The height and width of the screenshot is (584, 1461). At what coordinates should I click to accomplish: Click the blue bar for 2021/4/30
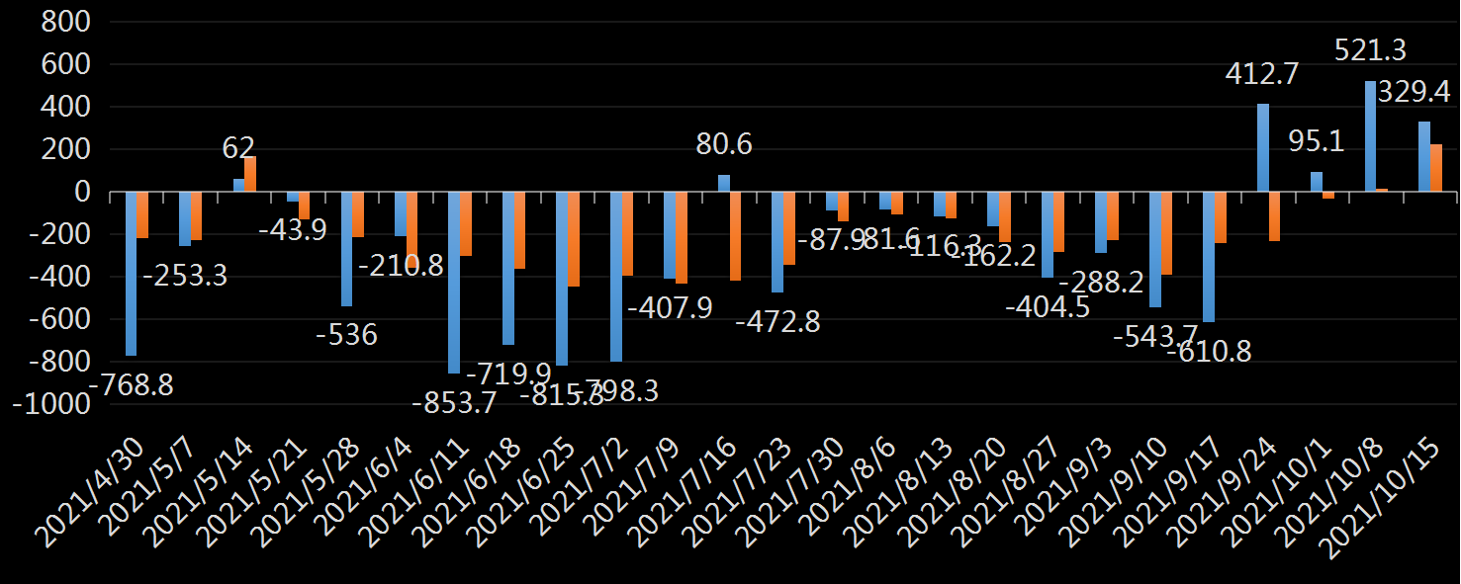[x=131, y=274]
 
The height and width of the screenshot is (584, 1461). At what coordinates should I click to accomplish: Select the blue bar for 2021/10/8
[x=1370, y=136]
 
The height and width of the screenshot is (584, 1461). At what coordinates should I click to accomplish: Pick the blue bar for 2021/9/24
[x=1263, y=147]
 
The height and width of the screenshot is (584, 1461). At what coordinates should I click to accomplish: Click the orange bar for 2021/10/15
[x=1436, y=168]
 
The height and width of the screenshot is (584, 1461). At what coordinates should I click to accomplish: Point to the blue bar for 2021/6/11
[x=454, y=283]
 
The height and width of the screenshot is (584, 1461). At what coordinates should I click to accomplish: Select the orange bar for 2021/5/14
[x=250, y=174]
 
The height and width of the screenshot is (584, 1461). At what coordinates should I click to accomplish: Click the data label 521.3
[x=1371, y=49]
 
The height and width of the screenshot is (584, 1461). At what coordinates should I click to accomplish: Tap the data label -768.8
[x=131, y=384]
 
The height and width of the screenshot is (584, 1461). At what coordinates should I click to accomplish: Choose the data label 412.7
[x=1262, y=74]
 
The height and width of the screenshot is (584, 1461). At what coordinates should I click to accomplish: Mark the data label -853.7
[x=454, y=402]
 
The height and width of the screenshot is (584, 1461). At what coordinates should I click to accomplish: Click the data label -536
[x=346, y=335]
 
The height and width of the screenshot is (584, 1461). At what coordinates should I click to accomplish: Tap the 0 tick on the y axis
[x=82, y=192]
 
